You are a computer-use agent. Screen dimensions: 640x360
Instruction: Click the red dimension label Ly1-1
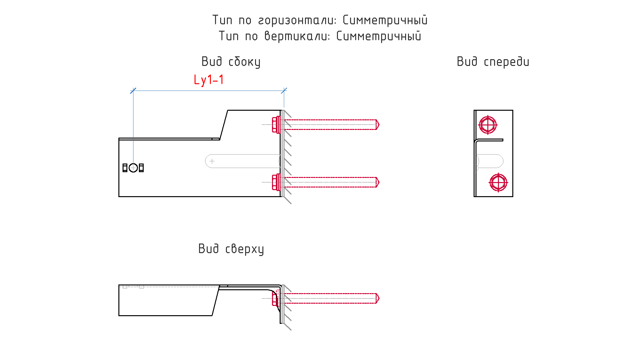[x=209, y=80]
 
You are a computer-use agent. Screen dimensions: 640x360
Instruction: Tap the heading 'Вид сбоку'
[x=231, y=62]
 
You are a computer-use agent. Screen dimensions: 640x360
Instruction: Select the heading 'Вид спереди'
[x=493, y=62]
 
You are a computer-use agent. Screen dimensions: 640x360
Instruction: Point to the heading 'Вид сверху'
[x=231, y=249]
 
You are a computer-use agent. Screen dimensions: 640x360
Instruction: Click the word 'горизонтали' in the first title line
[x=297, y=20]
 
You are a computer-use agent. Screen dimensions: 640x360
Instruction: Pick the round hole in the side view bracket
[x=133, y=168]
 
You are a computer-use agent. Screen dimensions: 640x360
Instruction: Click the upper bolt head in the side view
[x=276, y=124]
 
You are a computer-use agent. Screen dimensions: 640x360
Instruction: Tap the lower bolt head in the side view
[x=276, y=182]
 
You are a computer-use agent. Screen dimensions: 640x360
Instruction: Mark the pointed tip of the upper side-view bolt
[x=379, y=124]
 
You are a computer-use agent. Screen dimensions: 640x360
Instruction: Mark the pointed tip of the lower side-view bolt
[x=379, y=182]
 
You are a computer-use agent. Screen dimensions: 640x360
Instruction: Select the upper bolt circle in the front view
[x=488, y=124]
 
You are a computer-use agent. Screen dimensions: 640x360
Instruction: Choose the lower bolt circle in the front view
[x=498, y=182]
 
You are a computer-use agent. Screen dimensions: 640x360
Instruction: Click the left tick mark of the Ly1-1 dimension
[x=133, y=91]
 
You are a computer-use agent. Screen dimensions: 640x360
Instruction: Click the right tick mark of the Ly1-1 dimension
[x=284, y=91]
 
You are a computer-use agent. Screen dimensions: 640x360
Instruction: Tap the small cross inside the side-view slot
[x=212, y=161]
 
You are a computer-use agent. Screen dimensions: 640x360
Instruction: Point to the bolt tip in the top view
[x=379, y=298]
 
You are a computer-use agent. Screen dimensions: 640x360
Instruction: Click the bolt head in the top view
[x=275, y=298]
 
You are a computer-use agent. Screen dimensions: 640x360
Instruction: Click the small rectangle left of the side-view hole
[x=125, y=168]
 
